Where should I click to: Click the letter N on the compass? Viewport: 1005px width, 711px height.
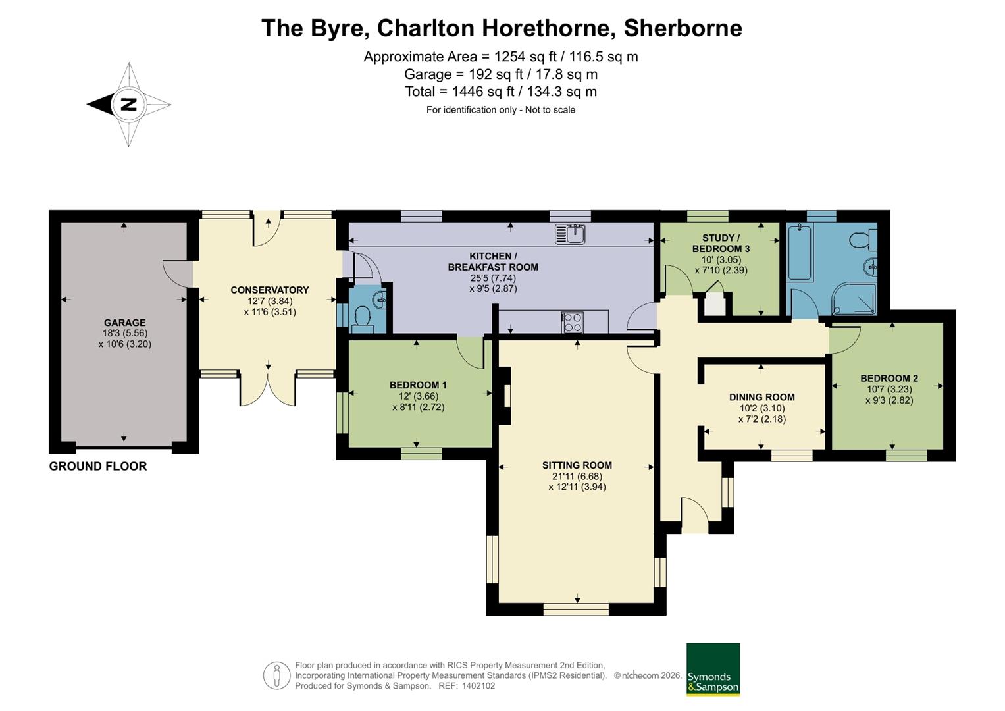pos(129,105)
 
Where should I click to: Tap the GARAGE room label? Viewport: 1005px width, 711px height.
pos(125,323)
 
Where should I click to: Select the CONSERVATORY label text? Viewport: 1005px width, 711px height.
pos(270,290)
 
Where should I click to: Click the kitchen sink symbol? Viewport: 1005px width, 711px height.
pos(570,234)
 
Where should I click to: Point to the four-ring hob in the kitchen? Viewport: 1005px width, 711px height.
pos(573,323)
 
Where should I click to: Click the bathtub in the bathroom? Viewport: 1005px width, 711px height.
pos(800,252)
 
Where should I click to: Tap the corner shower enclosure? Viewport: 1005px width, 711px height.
pos(854,299)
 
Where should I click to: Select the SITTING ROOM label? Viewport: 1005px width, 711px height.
pos(577,465)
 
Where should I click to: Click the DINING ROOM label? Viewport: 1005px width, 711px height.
pos(762,397)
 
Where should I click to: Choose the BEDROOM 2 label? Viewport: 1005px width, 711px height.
pos(889,378)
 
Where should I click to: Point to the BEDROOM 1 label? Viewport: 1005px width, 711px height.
pos(418,384)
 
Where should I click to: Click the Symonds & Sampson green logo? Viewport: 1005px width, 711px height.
pos(713,669)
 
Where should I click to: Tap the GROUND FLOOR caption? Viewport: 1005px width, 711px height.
pos(98,466)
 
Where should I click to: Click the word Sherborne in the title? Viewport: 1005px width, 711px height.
pos(683,28)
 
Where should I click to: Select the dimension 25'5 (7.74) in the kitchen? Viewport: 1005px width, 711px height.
pos(493,278)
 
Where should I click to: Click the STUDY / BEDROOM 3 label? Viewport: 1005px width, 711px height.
pos(721,243)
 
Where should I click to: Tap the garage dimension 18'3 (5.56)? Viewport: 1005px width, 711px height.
pos(125,333)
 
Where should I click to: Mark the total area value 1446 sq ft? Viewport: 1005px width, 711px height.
pos(483,92)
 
